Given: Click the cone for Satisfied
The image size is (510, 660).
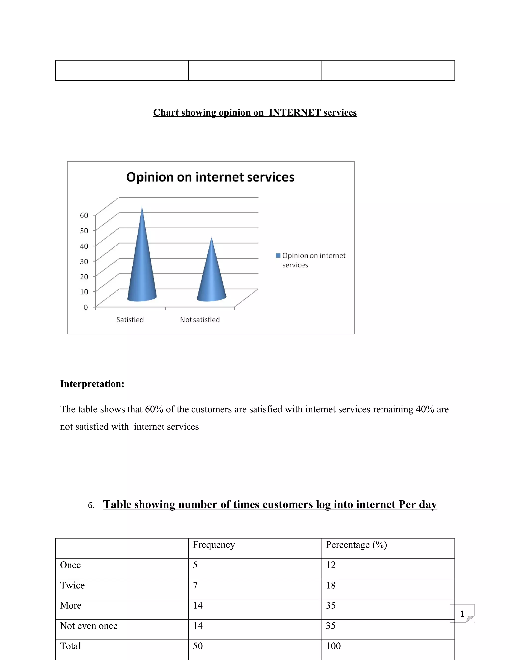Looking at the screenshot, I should [x=142, y=266].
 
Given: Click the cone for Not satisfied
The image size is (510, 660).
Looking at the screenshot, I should [x=211, y=278].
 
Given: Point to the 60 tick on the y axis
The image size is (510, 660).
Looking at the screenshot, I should [x=84, y=215].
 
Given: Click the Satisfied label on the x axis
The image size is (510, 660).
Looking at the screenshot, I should [x=130, y=320].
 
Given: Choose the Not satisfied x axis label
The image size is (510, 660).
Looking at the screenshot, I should [x=200, y=320].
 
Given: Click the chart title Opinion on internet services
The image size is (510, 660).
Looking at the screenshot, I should [x=210, y=177].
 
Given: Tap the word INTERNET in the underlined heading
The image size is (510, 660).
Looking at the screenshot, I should [x=295, y=112].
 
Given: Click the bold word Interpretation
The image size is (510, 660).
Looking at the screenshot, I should [x=92, y=384].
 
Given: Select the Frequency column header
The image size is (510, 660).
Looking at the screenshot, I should [x=214, y=545].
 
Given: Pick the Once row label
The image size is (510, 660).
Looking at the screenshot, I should [x=70, y=565].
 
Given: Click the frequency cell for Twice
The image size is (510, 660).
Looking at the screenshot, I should [x=195, y=585].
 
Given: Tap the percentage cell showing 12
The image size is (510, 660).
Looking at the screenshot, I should [x=331, y=565].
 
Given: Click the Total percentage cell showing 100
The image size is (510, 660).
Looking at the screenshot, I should [x=333, y=646].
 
